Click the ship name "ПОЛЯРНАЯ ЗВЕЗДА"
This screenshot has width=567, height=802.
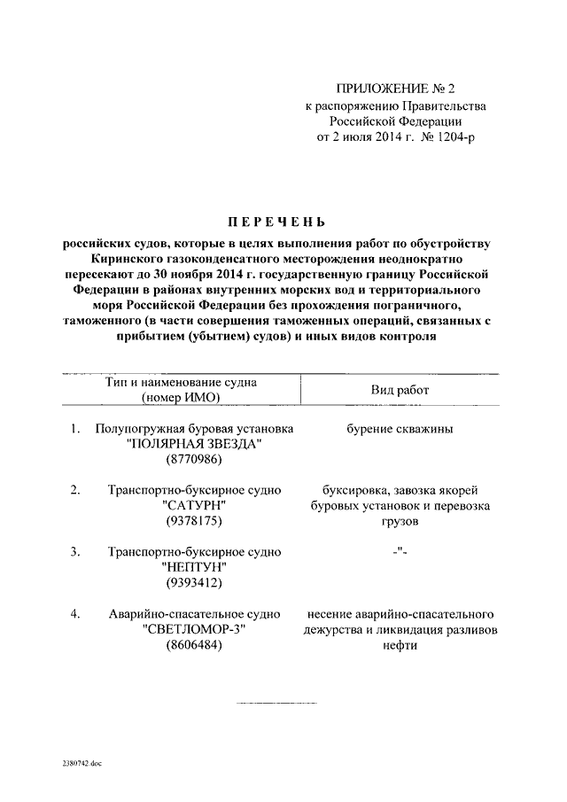[x=194, y=444]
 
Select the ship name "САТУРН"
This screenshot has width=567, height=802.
[x=194, y=504]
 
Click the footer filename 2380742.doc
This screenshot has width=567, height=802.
[x=82, y=761]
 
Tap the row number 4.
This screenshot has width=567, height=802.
[x=76, y=613]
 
